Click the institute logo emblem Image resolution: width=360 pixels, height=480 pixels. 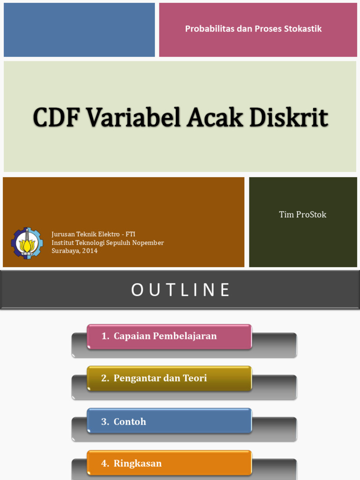coord(27,243)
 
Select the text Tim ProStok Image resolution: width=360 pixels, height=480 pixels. coord(302,215)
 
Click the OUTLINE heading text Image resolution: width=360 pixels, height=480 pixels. coord(180,290)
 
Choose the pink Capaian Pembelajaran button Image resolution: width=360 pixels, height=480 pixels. coord(169,336)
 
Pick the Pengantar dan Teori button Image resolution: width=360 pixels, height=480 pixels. coord(169,378)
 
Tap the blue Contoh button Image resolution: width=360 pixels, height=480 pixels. coord(169,421)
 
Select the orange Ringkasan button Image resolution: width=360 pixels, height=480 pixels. coord(169,463)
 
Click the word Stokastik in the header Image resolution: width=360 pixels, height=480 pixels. coord(303,29)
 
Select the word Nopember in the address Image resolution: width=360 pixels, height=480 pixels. coord(148,242)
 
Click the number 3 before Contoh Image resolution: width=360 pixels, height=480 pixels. coord(105,421)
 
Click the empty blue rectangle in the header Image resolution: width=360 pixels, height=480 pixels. coord(79,30)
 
